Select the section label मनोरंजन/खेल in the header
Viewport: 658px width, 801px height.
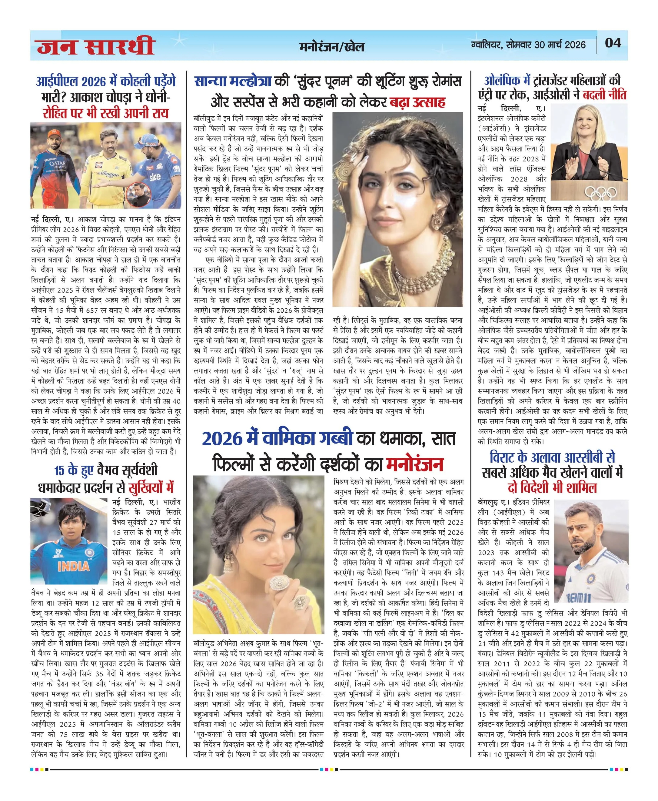(331, 47)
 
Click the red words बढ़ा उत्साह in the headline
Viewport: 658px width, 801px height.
(418, 102)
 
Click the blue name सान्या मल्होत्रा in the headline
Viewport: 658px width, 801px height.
(233, 81)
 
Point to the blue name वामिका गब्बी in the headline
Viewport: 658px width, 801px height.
(308, 438)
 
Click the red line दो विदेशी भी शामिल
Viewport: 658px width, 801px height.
(552, 488)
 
